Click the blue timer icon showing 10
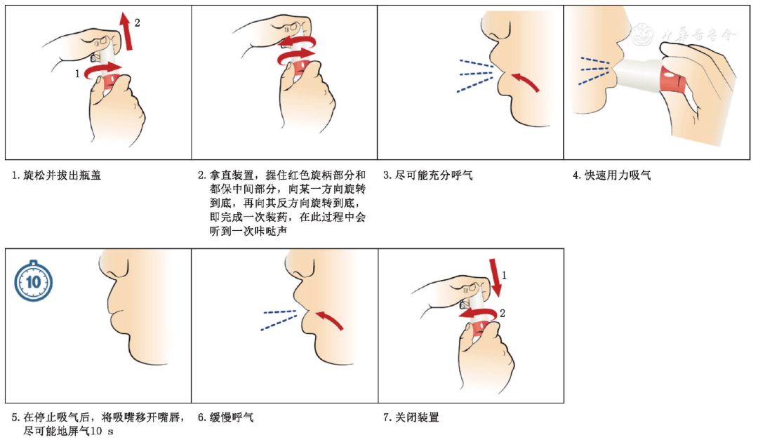coord(34,282)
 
